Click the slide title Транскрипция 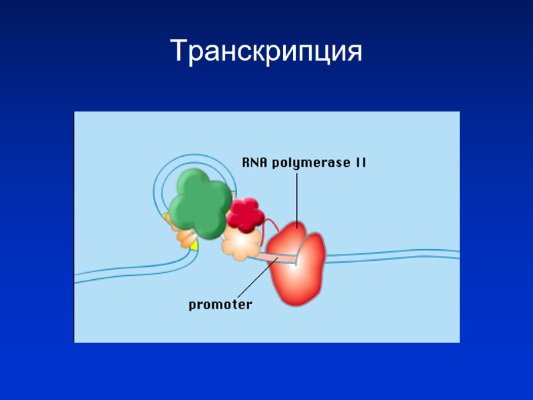[x=266, y=51]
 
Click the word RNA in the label [x=255, y=162]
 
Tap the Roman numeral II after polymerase [x=359, y=162]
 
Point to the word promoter [x=220, y=305]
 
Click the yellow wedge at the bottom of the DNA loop [x=193, y=245]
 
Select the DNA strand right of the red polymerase [x=393, y=255]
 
